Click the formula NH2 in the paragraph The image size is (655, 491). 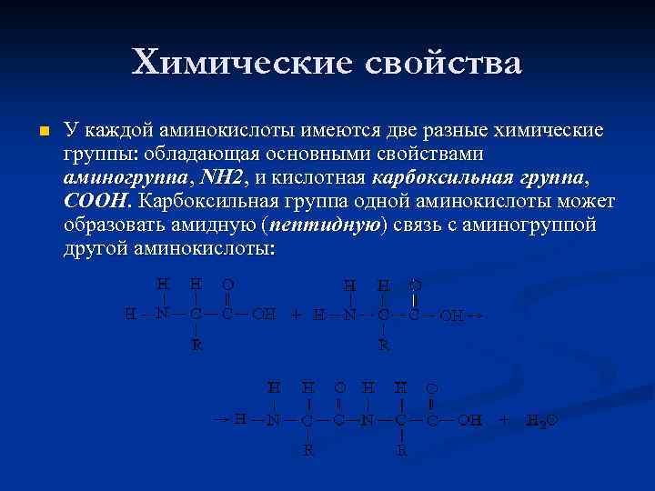(221, 177)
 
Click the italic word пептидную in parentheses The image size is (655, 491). (333, 224)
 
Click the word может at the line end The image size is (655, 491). (590, 200)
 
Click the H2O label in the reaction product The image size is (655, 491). (541, 422)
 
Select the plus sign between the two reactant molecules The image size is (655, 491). (296, 316)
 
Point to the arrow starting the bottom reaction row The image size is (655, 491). (221, 418)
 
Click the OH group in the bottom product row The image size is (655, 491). (470, 420)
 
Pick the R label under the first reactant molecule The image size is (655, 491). (196, 345)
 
